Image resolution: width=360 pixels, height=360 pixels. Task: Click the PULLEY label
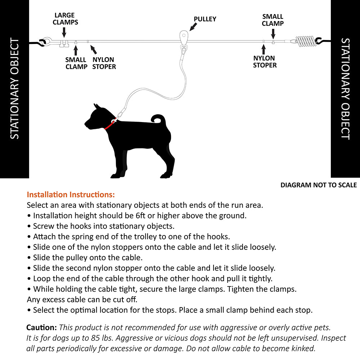pos(205,19)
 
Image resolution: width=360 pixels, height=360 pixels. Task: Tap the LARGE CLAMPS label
pos(65,19)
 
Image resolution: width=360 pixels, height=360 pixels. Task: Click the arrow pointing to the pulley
pos(194,26)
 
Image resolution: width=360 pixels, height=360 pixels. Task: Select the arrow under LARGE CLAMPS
pos(64,32)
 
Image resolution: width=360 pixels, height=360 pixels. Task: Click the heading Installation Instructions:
pos(71,195)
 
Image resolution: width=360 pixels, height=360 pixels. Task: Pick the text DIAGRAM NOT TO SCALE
pos(319,185)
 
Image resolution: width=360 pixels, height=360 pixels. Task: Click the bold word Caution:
pos(42,328)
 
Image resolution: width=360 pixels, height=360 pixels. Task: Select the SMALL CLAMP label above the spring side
pos(273,20)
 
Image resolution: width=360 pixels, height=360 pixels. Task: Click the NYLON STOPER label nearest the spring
pos(265,62)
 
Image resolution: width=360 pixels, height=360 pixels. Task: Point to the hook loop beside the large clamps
pos(46,42)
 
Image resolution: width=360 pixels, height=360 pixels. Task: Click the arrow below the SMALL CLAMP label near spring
pos(273,34)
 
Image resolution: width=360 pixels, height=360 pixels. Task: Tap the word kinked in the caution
pos(304,348)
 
